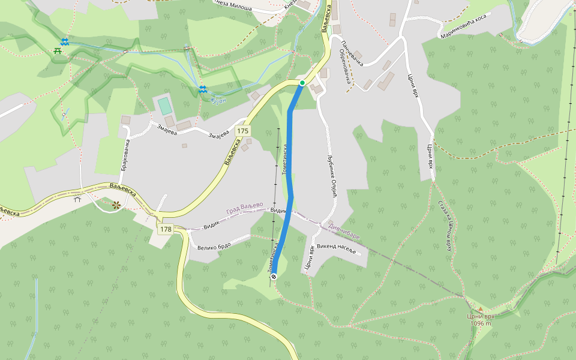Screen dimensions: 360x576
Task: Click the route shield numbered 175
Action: click(x=242, y=131)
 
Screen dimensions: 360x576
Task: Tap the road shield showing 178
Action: click(x=166, y=229)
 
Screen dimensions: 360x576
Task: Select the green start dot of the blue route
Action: click(x=302, y=83)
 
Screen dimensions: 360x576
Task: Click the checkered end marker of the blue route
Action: click(x=274, y=277)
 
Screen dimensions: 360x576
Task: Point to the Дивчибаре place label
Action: click(x=344, y=232)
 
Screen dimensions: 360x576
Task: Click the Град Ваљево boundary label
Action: click(x=245, y=208)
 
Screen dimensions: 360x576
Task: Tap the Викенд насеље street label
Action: click(x=337, y=248)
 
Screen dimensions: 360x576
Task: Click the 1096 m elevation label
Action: click(x=481, y=323)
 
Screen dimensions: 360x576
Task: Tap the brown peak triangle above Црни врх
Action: click(x=480, y=309)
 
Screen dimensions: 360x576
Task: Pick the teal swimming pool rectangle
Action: click(x=164, y=106)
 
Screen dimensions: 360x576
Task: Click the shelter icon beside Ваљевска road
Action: click(x=77, y=199)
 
